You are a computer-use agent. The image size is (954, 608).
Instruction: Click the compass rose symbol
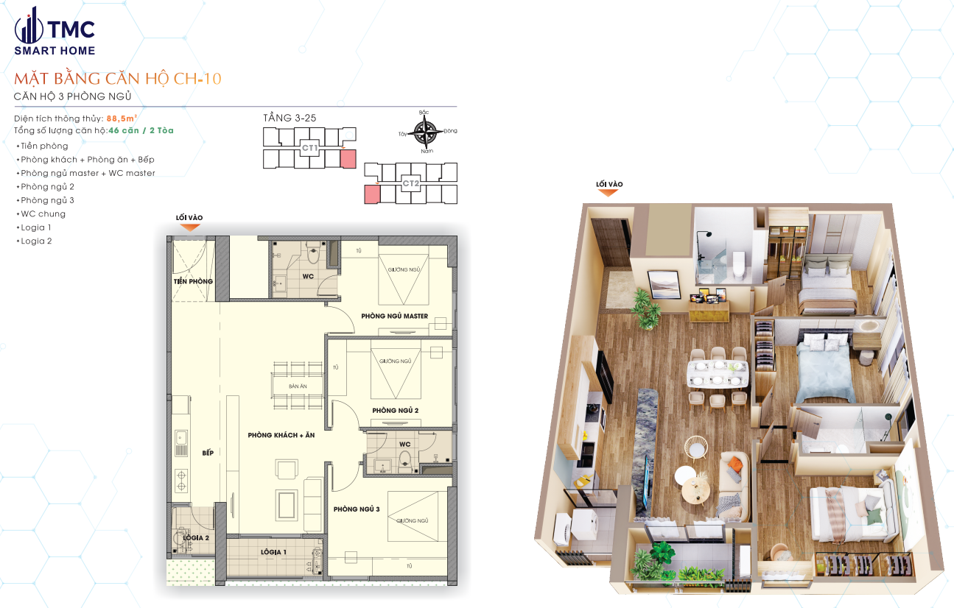click(424, 132)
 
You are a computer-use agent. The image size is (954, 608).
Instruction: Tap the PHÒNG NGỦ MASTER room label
click(394, 316)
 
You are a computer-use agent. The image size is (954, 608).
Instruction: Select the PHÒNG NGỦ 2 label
click(395, 410)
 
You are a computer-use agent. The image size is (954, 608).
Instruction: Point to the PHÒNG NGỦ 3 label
click(356, 509)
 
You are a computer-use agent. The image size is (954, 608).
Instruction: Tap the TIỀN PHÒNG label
click(193, 281)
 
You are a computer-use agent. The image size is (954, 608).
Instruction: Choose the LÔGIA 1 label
click(273, 551)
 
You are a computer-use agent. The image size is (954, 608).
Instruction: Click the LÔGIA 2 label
click(196, 538)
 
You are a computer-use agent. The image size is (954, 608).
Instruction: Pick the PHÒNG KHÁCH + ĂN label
click(281, 435)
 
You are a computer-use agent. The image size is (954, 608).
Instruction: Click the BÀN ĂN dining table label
click(298, 386)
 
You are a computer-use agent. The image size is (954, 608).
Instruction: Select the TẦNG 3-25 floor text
click(290, 118)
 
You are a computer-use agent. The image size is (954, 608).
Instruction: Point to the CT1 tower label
click(309, 148)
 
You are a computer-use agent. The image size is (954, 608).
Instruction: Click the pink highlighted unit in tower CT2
click(373, 194)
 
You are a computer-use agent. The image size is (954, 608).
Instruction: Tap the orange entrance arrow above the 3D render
click(607, 193)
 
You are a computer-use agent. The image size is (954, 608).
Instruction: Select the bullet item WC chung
click(43, 213)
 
